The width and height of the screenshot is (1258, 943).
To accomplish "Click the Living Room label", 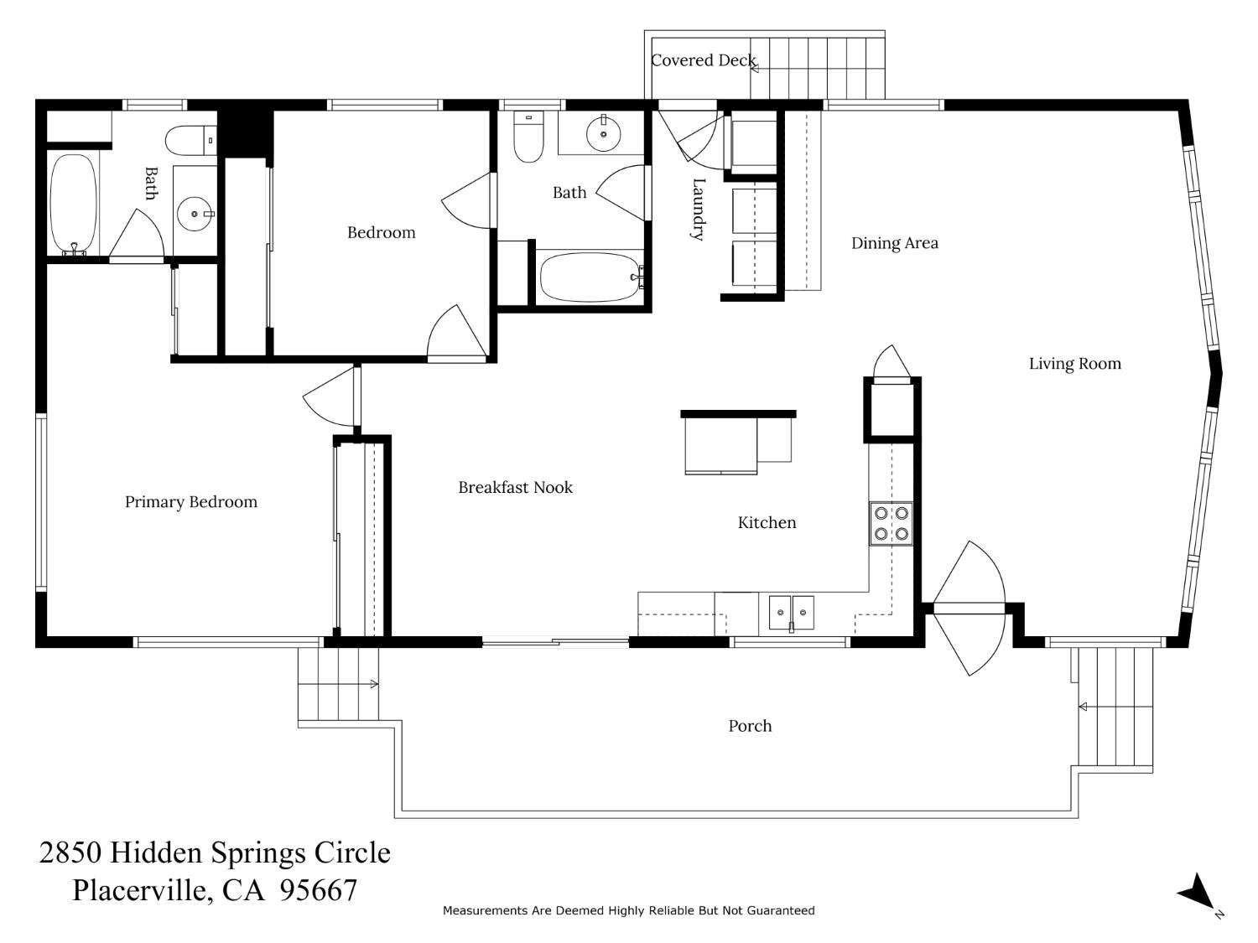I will coord(1074,364).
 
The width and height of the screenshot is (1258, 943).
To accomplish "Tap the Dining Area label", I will coord(894,243).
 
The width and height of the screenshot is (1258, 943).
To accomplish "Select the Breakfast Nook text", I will coord(515,487).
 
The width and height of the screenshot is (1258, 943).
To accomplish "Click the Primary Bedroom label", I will coord(191,502).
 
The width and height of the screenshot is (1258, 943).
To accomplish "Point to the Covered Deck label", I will coord(703,60).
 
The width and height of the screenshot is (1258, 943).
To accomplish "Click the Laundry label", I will coord(698,209).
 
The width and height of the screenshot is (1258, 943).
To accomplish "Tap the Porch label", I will coord(750,726).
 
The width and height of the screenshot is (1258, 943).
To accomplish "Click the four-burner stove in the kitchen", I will coord(891,524).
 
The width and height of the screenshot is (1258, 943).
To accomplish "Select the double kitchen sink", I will coord(791,613).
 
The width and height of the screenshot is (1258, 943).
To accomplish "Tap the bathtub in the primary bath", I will coord(74,204).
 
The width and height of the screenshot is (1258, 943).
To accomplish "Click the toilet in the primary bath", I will coord(190,140).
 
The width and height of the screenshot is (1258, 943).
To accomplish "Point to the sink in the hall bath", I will coord(602,133).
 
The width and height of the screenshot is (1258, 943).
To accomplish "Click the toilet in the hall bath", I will coord(528,137).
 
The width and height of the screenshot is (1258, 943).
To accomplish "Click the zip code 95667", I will coord(319,890).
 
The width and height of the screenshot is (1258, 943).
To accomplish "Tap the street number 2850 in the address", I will coord(70,853).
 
